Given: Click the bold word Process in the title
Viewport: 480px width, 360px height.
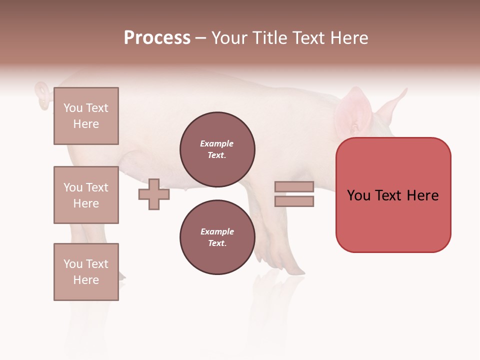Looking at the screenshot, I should [x=157, y=38].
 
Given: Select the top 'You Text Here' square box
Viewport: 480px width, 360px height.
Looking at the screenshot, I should [x=86, y=116].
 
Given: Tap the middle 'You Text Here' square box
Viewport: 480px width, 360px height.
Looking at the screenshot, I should [x=86, y=195].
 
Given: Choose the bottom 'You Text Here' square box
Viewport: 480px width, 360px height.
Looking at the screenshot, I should [x=86, y=272].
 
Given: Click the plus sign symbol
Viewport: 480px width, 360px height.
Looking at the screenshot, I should [x=154, y=194].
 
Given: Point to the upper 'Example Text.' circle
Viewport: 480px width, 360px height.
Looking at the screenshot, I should [x=217, y=149].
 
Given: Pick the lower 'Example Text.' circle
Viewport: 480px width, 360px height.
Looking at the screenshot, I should [x=217, y=237].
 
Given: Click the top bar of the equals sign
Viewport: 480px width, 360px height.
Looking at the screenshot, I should [x=294, y=187].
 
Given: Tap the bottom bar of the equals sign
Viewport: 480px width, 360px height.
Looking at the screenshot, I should [x=294, y=201].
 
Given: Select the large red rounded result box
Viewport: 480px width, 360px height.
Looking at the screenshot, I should [x=393, y=195].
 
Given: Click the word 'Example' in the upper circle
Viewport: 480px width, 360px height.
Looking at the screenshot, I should [x=217, y=143].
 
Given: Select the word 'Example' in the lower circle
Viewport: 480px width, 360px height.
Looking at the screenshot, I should [x=217, y=231].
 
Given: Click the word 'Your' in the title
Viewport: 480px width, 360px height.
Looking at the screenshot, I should [x=230, y=38].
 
